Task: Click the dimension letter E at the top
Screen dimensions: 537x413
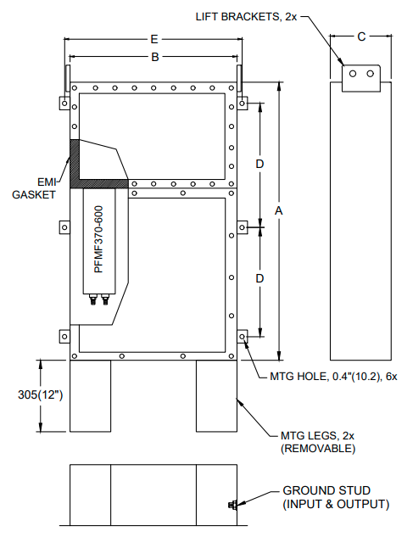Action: pos(153,39)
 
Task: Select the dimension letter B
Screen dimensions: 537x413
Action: pos(155,56)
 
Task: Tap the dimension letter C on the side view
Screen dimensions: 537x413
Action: pos(361,36)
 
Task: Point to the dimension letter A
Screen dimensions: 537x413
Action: pos(279,209)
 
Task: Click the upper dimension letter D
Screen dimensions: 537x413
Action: pos(260,162)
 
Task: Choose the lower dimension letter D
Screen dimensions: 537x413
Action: pos(260,278)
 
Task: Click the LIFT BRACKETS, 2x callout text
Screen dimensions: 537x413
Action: pos(244,15)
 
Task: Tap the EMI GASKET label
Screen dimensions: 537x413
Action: pos(33,187)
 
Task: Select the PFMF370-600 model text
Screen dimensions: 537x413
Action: pos(98,240)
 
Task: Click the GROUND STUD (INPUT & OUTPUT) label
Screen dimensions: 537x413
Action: pos(336,497)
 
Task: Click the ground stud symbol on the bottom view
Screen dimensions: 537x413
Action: pos(232,506)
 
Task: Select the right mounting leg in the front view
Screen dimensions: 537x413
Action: pos(217,396)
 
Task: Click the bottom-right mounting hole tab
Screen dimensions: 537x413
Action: pos(243,338)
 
